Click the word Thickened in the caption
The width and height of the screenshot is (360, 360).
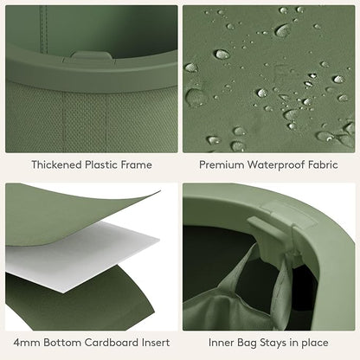tap(56, 164)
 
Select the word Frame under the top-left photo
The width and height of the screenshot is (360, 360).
tap(136, 164)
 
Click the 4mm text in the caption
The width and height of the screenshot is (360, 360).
tap(27, 343)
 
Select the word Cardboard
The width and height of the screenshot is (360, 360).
tap(112, 343)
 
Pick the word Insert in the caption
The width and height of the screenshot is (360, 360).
tap(156, 343)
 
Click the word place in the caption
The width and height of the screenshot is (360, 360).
tap(315, 344)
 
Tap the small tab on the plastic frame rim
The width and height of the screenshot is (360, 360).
tap(91, 55)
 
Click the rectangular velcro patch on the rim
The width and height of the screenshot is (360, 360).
tap(288, 213)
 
